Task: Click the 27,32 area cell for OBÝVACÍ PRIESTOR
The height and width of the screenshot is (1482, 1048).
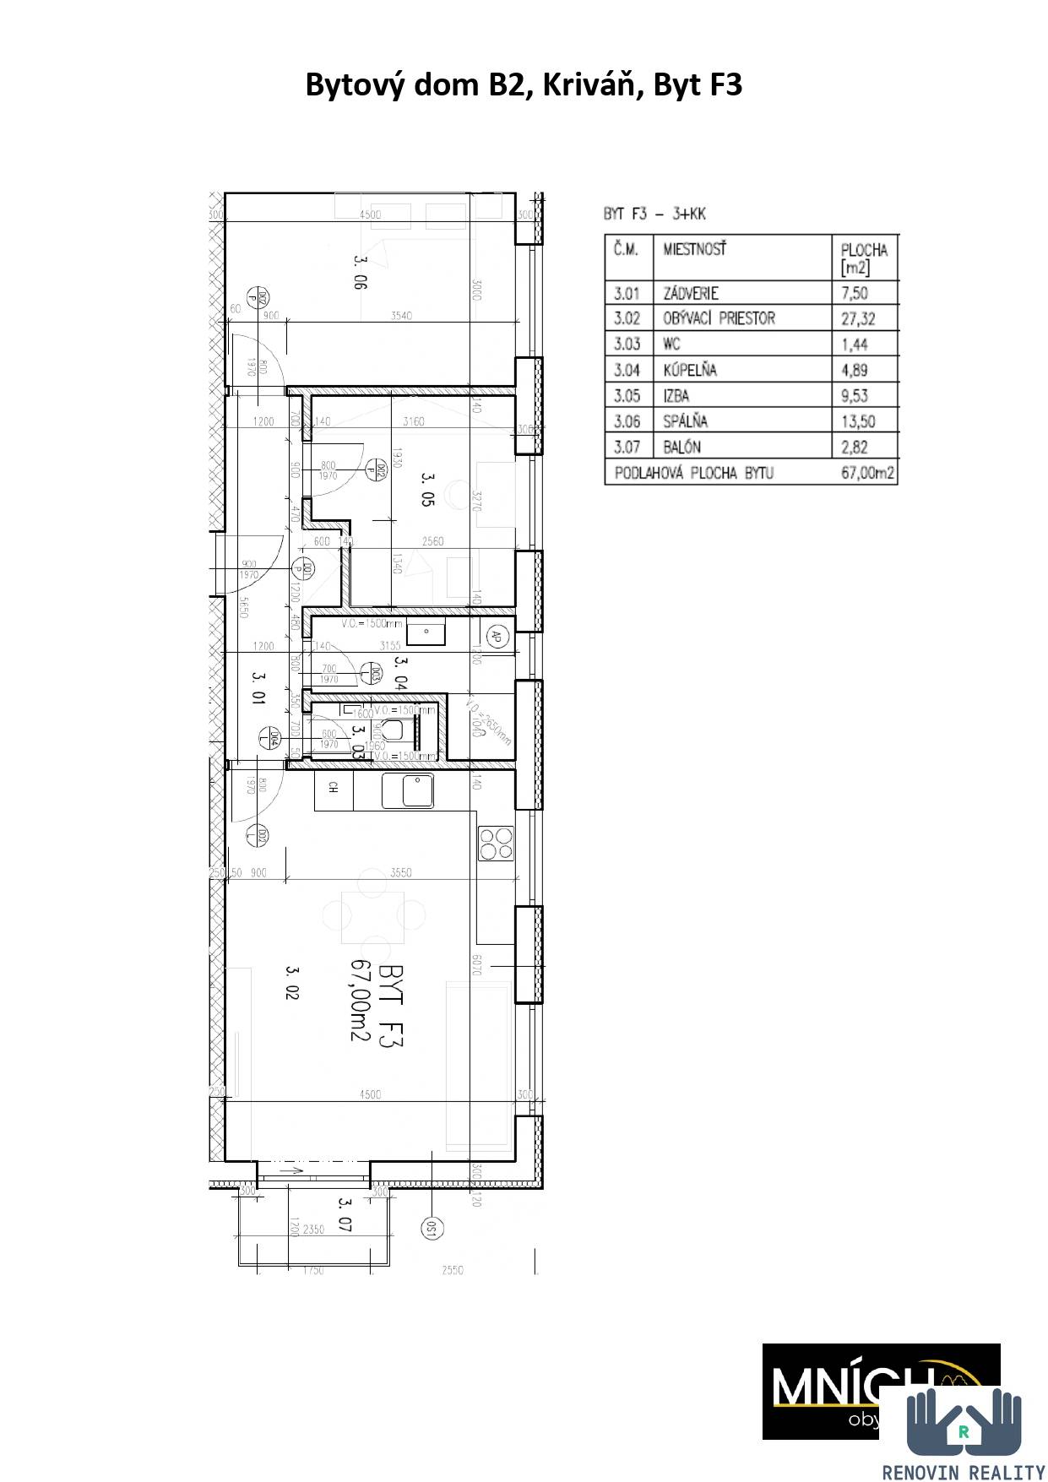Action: [858, 318]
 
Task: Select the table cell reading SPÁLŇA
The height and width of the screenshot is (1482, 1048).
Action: [685, 421]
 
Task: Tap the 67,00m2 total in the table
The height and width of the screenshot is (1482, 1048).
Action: [867, 473]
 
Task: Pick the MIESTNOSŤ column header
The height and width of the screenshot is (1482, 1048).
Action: [694, 249]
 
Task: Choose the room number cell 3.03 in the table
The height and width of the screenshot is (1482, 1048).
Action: [627, 344]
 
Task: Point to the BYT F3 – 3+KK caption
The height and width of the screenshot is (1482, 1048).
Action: [654, 214]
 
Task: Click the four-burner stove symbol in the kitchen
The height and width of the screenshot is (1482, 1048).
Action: [496, 843]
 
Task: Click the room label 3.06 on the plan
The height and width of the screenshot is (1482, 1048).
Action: [361, 273]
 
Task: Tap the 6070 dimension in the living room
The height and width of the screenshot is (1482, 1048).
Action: [475, 965]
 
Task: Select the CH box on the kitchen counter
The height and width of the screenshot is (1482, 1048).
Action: [334, 788]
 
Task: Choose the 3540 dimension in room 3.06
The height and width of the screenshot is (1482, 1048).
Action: [402, 316]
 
